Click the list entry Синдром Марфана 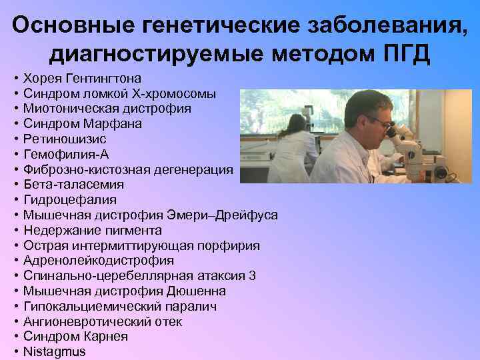[x=82, y=123]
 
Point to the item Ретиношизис [x=65, y=139]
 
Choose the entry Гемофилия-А [x=65, y=154]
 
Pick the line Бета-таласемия [x=73, y=185]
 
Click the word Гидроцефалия [x=69, y=200]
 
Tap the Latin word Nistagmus [x=54, y=351]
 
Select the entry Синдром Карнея [x=75, y=337]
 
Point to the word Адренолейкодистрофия [x=98, y=261]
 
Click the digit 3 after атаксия [x=252, y=276]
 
